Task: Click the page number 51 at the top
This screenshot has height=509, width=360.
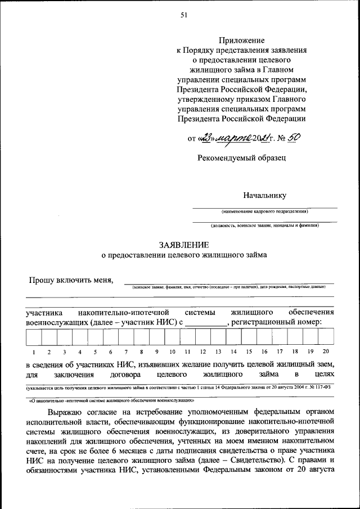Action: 183,15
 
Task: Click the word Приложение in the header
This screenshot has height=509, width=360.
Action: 242,40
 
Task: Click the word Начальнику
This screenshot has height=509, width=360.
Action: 264,195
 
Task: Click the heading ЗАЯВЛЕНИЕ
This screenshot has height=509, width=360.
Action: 184,245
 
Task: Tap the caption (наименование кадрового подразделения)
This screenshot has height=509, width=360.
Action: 264,211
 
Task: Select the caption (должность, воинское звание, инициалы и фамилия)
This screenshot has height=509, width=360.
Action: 264,225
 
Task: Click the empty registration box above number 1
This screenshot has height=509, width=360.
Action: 33,337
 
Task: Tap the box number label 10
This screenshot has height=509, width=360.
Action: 172,352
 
